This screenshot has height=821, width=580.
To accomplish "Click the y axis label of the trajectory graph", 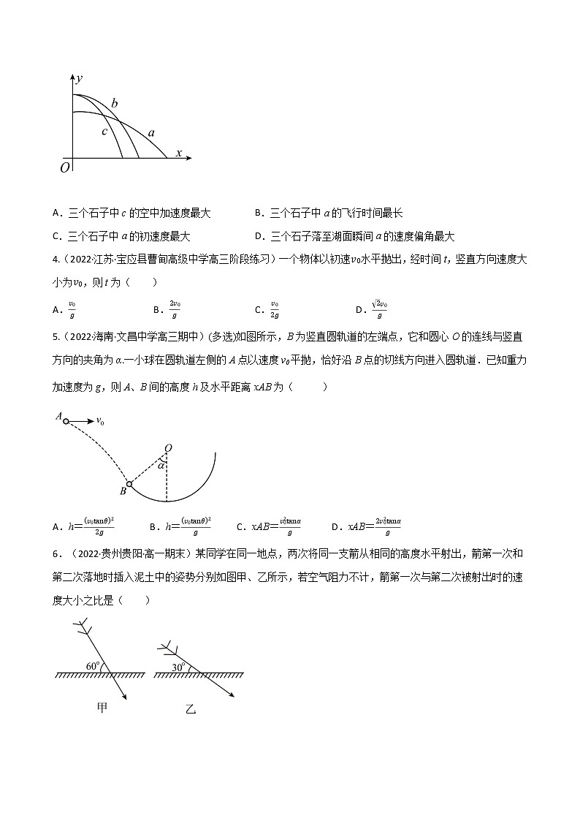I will [78, 77].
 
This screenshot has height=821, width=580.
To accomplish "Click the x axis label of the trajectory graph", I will [179, 153].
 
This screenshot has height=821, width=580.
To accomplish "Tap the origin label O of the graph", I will [65, 168].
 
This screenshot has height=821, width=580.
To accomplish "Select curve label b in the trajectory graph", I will [115, 103].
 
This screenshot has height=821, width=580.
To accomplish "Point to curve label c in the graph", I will [104, 132].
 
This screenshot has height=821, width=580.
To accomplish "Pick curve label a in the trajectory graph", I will [151, 133].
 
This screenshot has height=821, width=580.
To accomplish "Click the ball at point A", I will [66, 421].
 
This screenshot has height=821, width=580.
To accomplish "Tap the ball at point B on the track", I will [129, 483].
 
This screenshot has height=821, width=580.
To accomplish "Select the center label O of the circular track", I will [168, 447].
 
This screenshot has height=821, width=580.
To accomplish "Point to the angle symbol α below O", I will [161, 464].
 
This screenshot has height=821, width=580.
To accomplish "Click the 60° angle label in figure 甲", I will [92, 665].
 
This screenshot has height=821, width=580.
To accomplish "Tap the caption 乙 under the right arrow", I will [191, 708].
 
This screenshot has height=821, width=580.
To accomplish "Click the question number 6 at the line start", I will [56, 553].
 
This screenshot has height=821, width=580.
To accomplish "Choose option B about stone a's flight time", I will [329, 213].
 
